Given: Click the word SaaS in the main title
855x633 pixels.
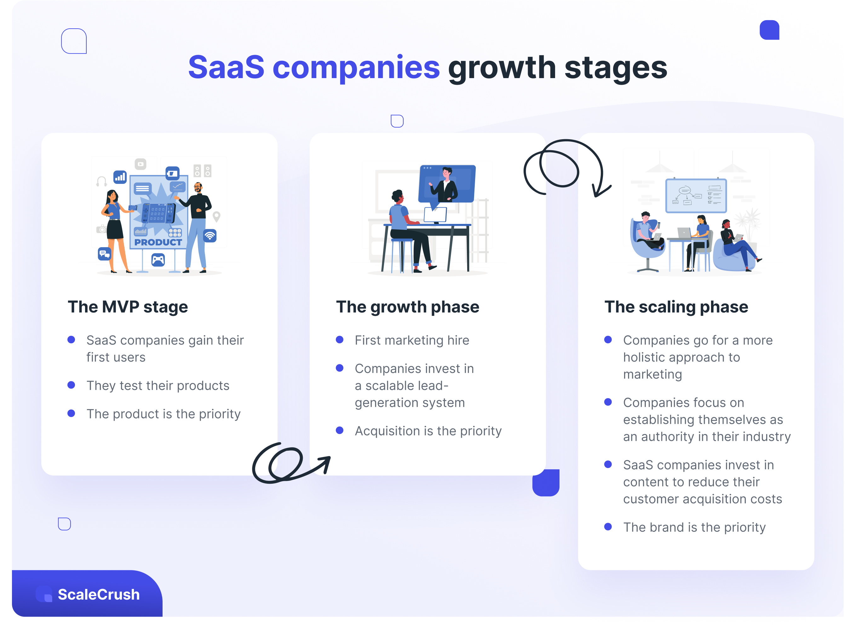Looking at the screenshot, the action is pos(226,67).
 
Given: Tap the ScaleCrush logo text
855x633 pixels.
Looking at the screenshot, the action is pos(99,594).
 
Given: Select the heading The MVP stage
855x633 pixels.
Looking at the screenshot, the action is pos(128,307).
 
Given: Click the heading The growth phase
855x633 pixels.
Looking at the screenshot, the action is pos(407,307).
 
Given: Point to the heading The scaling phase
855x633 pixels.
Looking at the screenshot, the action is pos(676,307).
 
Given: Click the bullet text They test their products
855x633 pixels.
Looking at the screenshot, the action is pos(158,385).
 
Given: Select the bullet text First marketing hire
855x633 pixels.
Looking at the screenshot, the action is pos(412,340).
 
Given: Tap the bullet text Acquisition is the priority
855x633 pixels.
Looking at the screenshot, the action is pos(428,431).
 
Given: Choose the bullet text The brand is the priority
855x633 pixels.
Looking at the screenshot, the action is pos(694,527).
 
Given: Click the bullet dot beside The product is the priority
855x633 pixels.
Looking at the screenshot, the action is pos(71,413).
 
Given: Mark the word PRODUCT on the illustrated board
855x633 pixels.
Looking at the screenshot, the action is pos(158,242).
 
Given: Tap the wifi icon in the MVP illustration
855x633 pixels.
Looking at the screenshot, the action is pos(210,235).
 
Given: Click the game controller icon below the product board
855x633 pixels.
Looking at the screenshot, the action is pos(158,260).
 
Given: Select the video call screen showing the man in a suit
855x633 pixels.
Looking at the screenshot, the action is pos(447,184).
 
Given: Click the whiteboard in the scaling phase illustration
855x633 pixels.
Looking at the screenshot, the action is pos(696,196).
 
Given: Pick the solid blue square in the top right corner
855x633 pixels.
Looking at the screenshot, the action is pos(769,30).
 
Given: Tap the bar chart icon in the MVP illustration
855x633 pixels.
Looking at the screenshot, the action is pos(120,177).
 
